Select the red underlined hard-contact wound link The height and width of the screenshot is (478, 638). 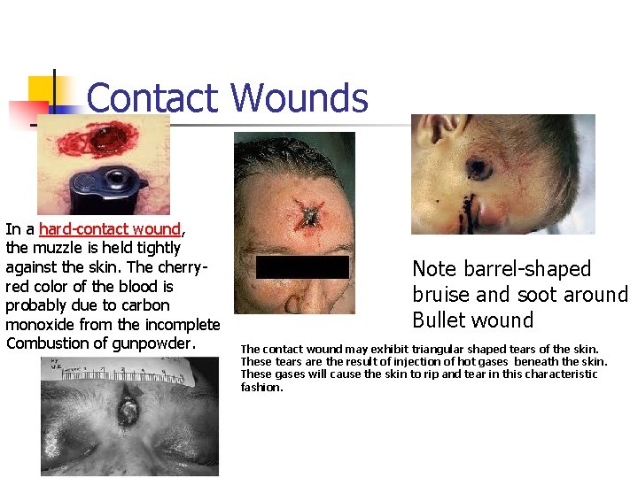[110, 229]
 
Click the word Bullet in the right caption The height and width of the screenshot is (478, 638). [440, 320]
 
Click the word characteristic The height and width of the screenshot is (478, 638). [556, 374]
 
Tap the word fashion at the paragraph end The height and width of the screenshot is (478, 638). [261, 387]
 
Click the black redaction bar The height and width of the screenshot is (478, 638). [302, 267]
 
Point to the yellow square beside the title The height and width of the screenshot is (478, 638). [43, 91]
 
